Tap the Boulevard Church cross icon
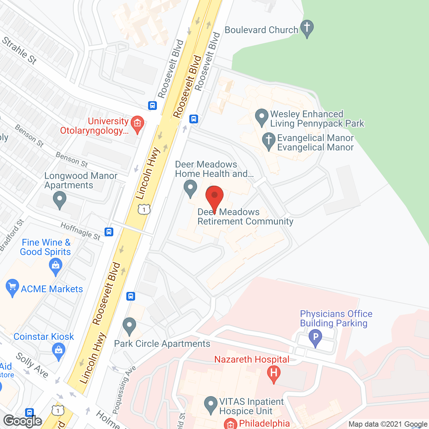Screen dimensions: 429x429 tap(307, 28)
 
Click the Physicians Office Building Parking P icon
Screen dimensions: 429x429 tap(315, 337)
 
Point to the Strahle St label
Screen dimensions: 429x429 tap(19, 50)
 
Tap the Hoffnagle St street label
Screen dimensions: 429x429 tap(80, 231)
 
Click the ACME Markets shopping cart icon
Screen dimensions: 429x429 tap(12, 287)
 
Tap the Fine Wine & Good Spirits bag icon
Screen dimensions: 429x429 tap(56, 267)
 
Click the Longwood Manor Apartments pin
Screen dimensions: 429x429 tap(60, 199)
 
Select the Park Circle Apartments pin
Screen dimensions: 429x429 tap(129, 326)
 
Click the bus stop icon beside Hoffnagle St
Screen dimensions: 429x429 tap(109, 232)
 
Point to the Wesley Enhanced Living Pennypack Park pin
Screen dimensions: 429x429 tap(261, 117)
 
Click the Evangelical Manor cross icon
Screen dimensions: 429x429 tap(268, 141)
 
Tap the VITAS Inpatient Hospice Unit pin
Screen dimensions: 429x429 tap(210, 404)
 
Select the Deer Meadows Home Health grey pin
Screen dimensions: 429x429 tap(190, 188)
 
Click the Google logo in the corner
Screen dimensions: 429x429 tap(23, 421)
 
